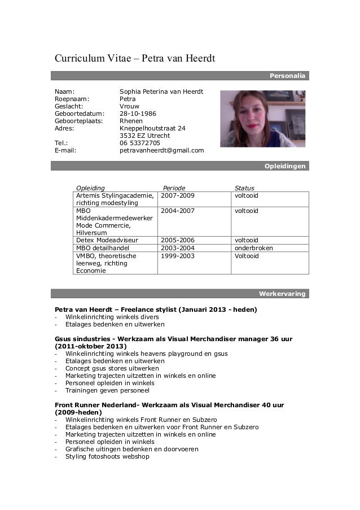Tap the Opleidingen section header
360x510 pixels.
click(285, 166)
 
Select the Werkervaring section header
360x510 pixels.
click(282, 294)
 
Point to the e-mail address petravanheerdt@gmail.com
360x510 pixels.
click(161, 151)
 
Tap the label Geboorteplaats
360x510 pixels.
click(78, 120)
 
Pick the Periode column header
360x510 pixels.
click(174, 188)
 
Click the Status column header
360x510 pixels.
click(244, 188)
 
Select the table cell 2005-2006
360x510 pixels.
click(178, 240)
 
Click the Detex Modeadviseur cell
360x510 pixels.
click(107, 240)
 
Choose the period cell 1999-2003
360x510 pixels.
click(178, 256)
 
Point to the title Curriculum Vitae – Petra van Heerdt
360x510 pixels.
click(135, 59)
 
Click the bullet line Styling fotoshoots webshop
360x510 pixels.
click(107, 456)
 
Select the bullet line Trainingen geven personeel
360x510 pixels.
click(107, 390)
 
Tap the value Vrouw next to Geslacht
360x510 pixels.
click(129, 106)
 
